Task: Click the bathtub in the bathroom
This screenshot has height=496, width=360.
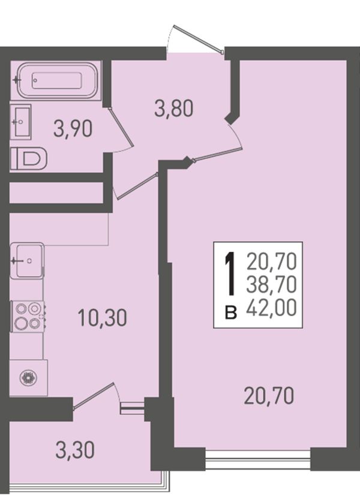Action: (x=58, y=80)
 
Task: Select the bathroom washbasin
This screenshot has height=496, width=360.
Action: (x=20, y=122)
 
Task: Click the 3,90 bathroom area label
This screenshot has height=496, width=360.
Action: (x=73, y=130)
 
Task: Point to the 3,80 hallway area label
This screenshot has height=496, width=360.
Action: (x=173, y=108)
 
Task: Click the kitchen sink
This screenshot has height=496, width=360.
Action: (x=27, y=260)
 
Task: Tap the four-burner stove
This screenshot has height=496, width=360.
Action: (x=27, y=316)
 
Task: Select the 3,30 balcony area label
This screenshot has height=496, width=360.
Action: (x=75, y=450)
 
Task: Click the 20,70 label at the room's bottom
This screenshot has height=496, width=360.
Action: (x=269, y=396)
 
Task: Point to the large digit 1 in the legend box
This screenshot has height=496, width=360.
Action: (x=230, y=273)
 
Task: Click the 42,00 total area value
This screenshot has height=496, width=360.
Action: (x=271, y=308)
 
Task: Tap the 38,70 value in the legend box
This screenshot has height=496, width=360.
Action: (x=271, y=284)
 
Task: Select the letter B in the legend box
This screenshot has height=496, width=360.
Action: (x=231, y=312)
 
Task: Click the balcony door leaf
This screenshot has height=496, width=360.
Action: (x=93, y=396)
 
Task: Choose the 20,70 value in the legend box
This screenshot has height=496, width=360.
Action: (x=271, y=261)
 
